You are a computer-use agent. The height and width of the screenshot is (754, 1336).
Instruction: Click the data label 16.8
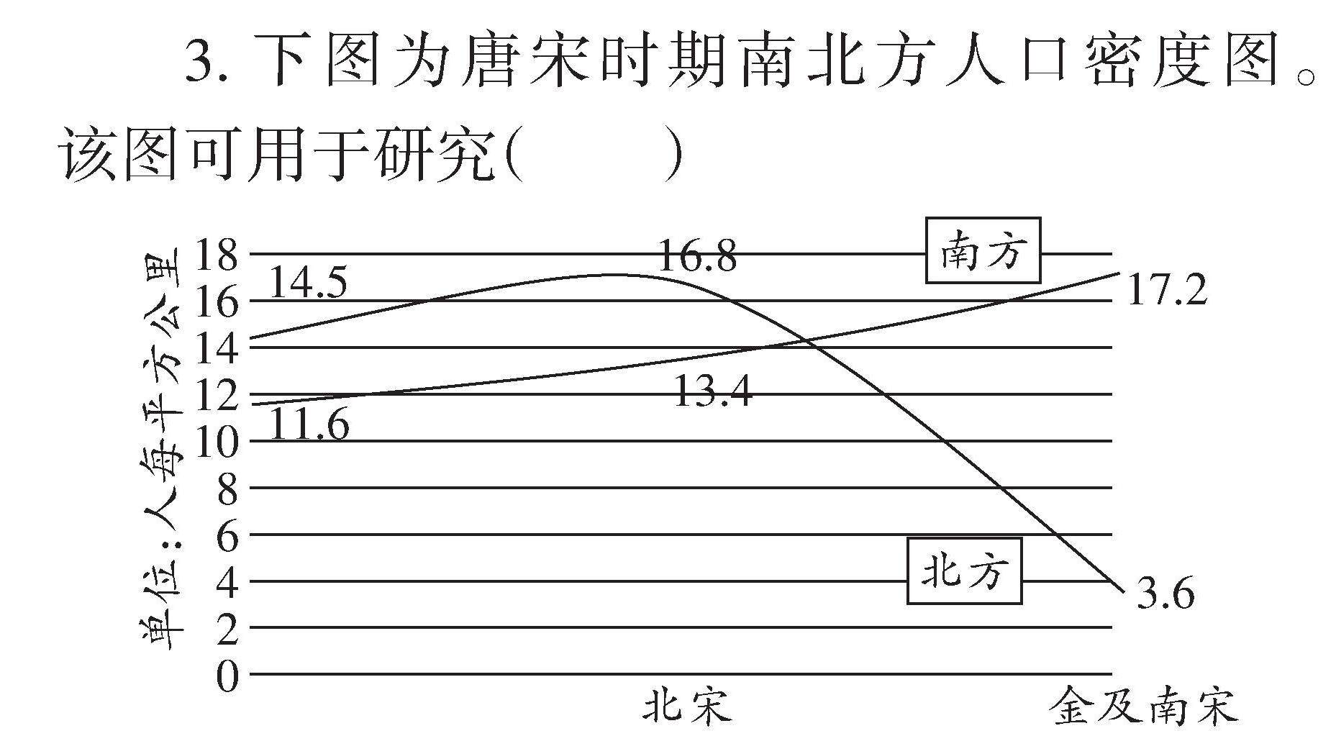(696, 256)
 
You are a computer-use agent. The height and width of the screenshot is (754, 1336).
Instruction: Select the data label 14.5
(307, 283)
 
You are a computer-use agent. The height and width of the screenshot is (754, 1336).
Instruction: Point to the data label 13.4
(713, 393)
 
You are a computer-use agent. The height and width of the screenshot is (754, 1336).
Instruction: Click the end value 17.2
(1166, 291)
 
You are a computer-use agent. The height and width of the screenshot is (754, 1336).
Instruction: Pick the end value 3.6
(1165, 594)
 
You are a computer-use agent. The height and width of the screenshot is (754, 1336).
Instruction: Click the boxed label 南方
(982, 250)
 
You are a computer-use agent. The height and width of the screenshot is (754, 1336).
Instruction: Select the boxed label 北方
(964, 571)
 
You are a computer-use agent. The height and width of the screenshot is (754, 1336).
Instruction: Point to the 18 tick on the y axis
(216, 255)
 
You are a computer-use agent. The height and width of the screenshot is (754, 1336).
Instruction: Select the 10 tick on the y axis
(216, 441)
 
